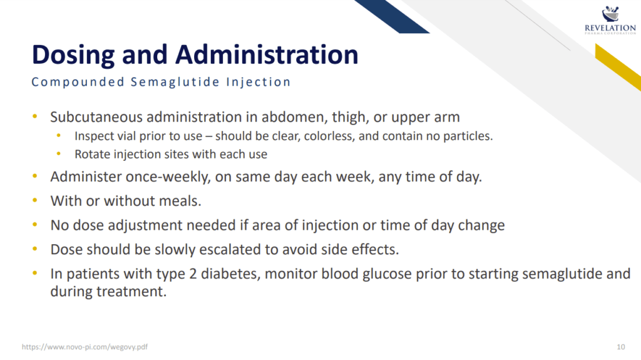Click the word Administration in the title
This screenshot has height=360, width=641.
tap(267, 54)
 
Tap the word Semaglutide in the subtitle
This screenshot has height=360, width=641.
tap(175, 82)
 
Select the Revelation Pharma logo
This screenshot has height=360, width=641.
tap(610, 20)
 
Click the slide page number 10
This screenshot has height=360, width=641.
tap(620, 347)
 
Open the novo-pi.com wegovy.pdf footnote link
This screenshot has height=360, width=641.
tap(85, 347)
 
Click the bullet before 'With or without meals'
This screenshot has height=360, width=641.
tap(35, 200)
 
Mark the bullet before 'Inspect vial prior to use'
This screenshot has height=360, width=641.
tap(59, 135)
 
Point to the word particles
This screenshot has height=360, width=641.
tap(468, 136)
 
